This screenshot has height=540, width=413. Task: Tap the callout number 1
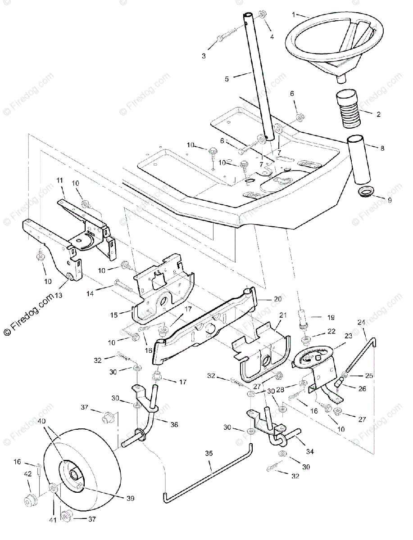pyautogui.click(x=294, y=14)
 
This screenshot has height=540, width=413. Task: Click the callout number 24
pyautogui.click(x=361, y=334)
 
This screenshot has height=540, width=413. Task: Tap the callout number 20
pyautogui.click(x=277, y=299)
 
